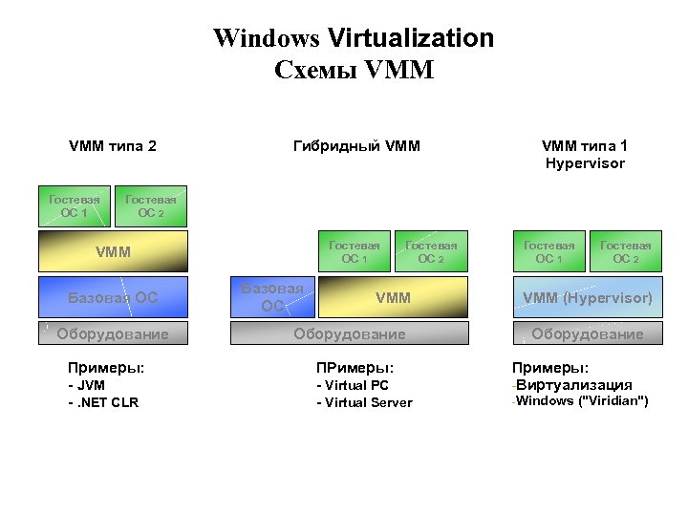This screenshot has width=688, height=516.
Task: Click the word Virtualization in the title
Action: click(411, 38)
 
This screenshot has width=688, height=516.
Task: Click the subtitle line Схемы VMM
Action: click(354, 70)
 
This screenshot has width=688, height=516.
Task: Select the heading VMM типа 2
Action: click(113, 146)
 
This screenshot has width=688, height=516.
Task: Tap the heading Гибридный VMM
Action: click(355, 146)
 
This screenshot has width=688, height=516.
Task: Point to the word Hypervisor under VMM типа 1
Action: click(585, 163)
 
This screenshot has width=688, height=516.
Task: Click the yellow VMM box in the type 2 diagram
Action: click(114, 253)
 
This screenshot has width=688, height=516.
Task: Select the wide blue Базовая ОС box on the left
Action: click(114, 297)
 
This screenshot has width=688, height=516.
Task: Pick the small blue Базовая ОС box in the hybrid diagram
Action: click(272, 297)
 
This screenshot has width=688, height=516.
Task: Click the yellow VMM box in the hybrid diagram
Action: click(393, 297)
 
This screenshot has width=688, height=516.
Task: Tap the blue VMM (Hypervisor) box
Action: click(588, 297)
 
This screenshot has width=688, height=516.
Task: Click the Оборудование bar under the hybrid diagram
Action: click(350, 333)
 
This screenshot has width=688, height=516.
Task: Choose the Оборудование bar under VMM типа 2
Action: click(114, 333)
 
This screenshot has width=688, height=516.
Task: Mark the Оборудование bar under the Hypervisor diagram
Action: click(588, 333)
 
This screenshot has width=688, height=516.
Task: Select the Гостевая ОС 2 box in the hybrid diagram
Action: click(432, 252)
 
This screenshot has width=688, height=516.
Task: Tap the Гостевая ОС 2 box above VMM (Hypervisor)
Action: click(626, 252)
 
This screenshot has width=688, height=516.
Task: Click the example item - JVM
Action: click(86, 386)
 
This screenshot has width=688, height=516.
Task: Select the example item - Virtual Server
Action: click(364, 402)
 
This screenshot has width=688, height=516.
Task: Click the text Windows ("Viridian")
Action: click(583, 400)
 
